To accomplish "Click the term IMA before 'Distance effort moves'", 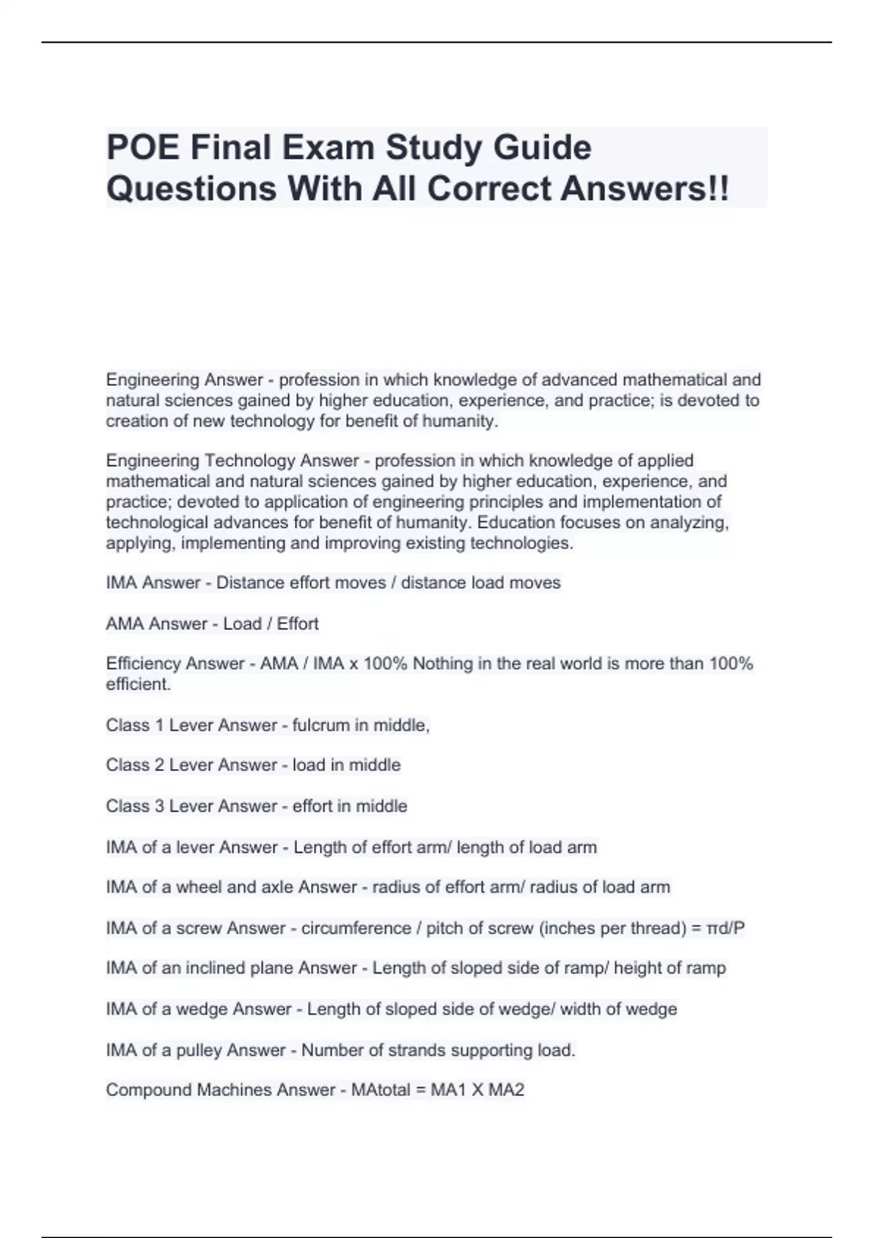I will point(122,583).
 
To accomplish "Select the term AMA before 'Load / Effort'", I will point(123,623).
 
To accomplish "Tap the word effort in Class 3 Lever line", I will point(314,806).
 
